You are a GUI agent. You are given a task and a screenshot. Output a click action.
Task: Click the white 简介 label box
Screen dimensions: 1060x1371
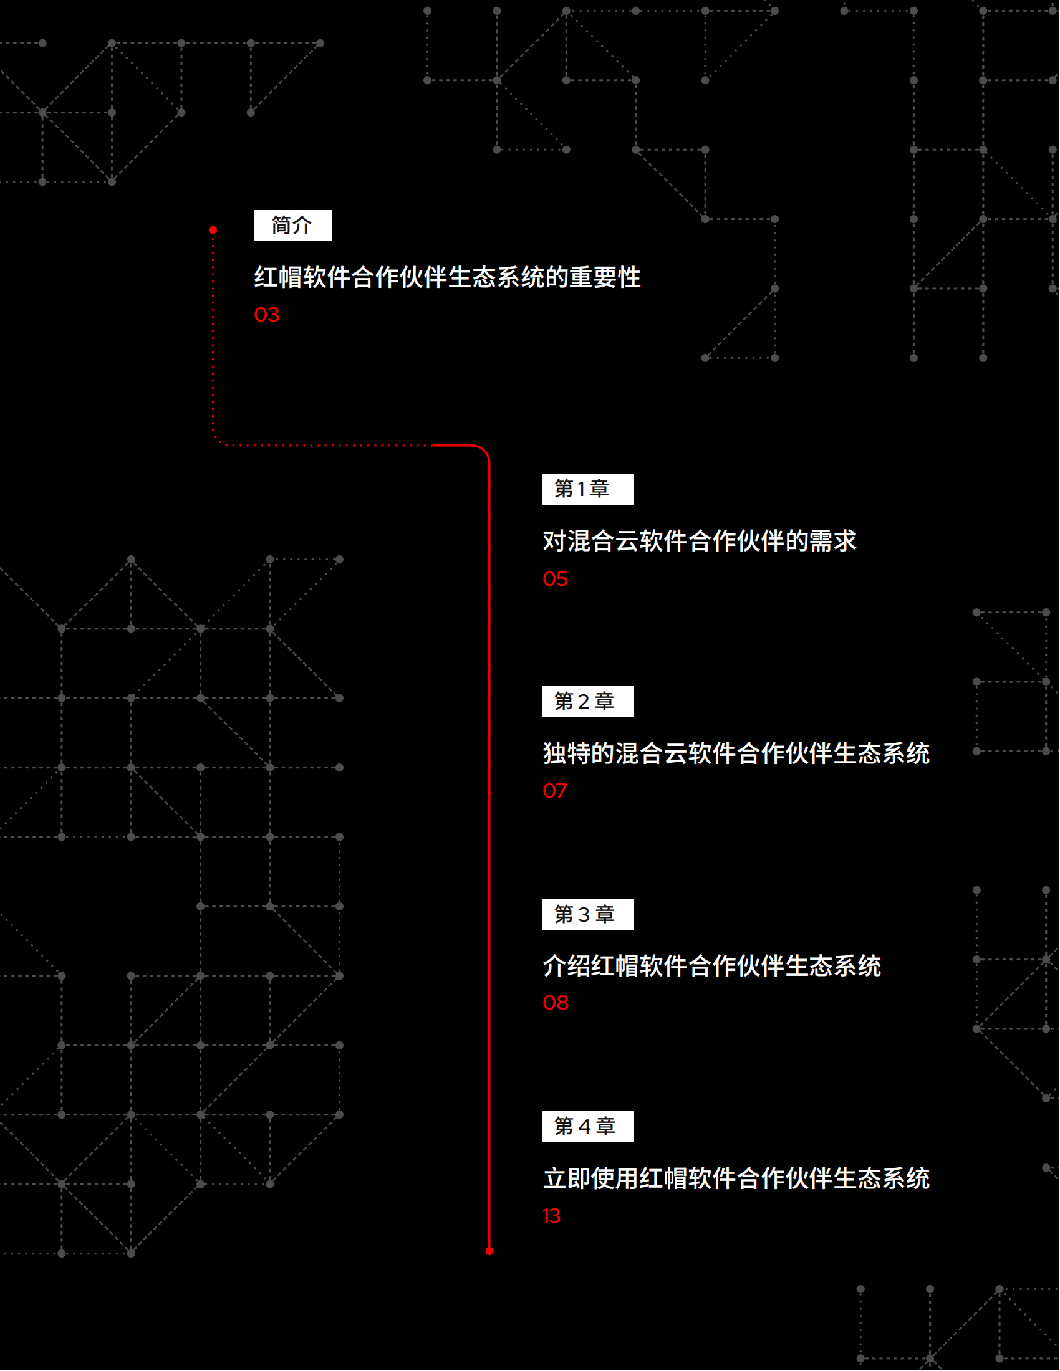[292, 226]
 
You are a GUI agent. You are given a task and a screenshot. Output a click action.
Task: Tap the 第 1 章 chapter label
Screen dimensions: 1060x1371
[589, 489]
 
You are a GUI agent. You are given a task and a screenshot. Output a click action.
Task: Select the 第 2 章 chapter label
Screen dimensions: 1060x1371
[589, 702]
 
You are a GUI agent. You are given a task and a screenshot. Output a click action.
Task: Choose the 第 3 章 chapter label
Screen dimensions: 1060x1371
[589, 915]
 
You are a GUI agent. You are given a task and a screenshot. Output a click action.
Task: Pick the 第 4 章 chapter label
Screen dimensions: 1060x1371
[589, 1127]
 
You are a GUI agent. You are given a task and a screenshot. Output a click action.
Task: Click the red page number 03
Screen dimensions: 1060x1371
[267, 315]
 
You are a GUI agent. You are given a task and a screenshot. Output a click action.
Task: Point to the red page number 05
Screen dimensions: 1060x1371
[556, 579]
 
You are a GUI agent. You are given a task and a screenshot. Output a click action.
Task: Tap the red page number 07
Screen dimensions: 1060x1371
[555, 791]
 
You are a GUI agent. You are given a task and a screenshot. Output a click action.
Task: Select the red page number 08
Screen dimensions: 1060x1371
[556, 1003]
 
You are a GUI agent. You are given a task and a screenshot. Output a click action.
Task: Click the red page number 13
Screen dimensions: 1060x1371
[552, 1216]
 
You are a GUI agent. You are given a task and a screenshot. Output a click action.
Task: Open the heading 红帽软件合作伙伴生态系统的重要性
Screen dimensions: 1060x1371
[448, 277]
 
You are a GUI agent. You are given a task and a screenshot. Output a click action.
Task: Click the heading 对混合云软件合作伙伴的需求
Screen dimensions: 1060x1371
[700, 541]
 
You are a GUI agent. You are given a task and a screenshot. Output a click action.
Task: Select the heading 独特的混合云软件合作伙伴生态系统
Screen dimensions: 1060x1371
[736, 753]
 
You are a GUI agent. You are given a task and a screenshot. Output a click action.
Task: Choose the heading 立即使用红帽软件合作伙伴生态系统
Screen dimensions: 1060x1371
[736, 1178]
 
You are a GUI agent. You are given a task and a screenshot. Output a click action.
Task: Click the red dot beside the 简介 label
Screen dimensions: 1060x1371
[213, 231]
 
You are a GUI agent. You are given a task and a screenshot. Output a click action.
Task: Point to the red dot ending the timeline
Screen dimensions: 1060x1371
[490, 1251]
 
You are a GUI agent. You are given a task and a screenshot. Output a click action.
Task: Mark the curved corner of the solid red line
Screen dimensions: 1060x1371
[483, 451]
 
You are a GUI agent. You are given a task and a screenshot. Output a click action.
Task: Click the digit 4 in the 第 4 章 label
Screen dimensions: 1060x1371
[585, 1127]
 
